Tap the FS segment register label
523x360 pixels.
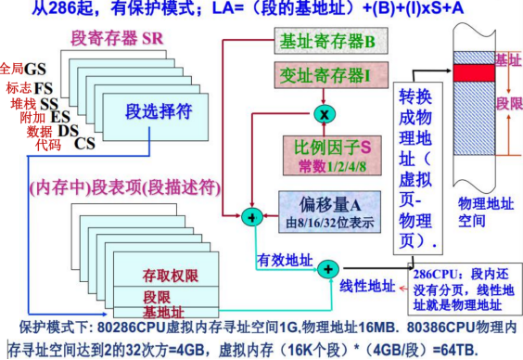coord(44,87)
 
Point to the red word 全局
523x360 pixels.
coord(13,69)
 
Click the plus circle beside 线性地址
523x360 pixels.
coord(329,270)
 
